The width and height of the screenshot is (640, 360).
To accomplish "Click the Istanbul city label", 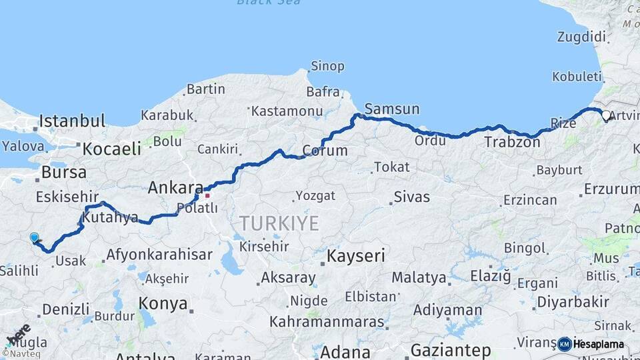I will (72, 121).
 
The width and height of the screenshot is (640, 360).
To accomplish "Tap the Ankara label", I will (175, 187).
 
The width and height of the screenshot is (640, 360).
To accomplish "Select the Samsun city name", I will (392, 109).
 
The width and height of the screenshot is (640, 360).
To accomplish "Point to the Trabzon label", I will (512, 142).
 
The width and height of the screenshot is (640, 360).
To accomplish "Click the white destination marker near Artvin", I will (606, 115).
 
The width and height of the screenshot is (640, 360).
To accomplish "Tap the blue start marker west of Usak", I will (35, 237).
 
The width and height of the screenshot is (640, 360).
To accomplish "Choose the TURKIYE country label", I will (279, 223).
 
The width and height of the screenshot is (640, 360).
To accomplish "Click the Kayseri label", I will (356, 255).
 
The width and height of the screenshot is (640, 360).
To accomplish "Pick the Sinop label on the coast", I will (327, 66).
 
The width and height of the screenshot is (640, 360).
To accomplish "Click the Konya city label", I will (163, 304).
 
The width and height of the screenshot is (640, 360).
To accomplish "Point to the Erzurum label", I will (611, 189).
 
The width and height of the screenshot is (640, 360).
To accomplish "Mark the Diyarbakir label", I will (573, 302).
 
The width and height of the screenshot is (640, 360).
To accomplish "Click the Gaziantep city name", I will (451, 350).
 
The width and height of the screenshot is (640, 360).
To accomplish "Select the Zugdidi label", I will (581, 37).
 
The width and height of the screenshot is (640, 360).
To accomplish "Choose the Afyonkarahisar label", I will (159, 254).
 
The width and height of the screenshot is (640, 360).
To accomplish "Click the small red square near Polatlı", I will (207, 195).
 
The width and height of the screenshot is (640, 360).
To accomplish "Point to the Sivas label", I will (411, 197).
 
